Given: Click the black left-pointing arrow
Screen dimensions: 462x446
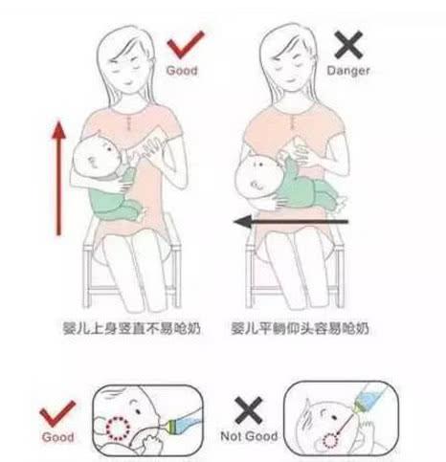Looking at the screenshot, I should click(x=291, y=222).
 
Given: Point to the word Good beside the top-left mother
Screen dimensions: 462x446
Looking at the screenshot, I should click(x=182, y=71).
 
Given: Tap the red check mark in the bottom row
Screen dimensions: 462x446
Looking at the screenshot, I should click(x=57, y=413).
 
